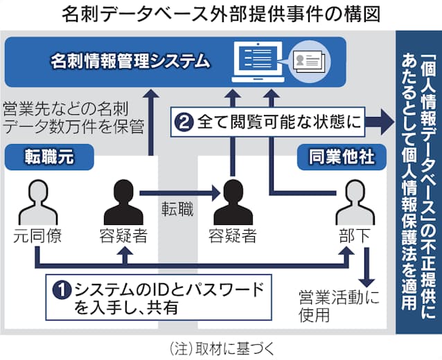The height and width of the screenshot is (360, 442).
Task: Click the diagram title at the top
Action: (220, 13)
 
